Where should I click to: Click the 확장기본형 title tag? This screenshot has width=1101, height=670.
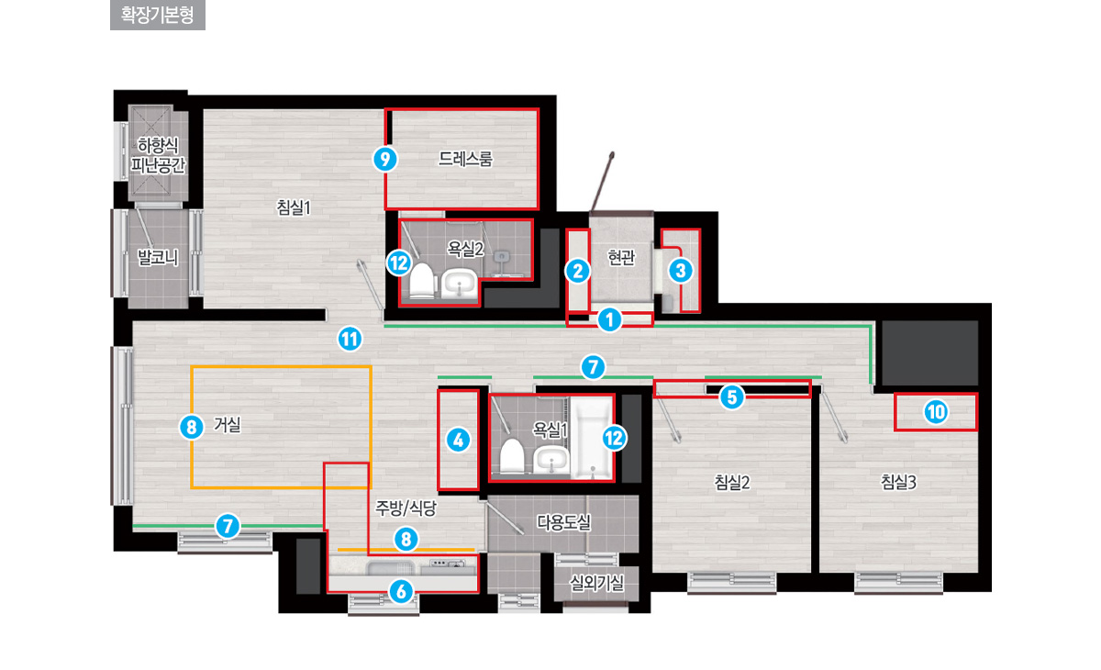click(157, 15)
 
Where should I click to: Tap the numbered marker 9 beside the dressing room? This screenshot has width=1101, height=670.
click(384, 160)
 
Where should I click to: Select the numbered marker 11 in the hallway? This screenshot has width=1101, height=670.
click(350, 340)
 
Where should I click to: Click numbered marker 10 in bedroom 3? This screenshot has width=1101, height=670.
click(936, 412)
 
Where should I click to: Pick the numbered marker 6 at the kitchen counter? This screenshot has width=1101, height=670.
click(401, 591)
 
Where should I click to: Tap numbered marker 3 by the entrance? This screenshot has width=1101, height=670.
click(681, 271)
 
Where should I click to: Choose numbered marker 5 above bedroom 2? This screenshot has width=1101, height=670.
click(732, 397)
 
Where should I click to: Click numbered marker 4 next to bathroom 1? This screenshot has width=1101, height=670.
click(458, 440)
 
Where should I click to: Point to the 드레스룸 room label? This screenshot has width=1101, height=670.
click(465, 159)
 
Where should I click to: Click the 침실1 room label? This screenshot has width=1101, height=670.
click(294, 207)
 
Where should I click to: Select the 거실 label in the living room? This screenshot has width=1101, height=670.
click(228, 425)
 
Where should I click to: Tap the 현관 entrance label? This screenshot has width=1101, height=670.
click(621, 257)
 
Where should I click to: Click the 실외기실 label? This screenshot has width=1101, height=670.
click(596, 583)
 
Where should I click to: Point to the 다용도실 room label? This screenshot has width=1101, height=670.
click(563, 522)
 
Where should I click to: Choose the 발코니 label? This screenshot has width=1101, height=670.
click(158, 257)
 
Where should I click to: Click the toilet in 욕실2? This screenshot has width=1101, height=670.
click(422, 282)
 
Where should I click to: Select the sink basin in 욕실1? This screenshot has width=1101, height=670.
click(551, 461)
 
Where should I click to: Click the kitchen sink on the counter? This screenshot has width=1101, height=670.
click(391, 568)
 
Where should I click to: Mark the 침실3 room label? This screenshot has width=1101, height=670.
click(898, 482)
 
